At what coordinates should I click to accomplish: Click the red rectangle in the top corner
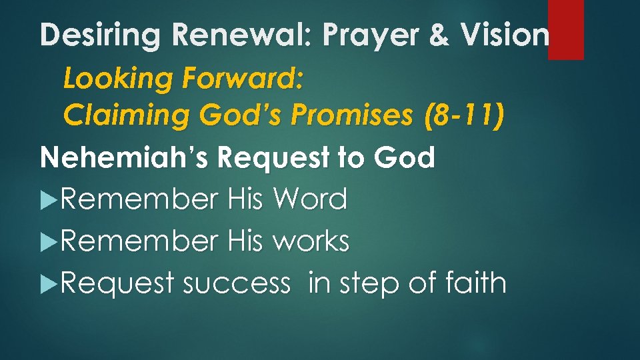tap(565, 29)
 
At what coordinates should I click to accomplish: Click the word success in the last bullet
tap(236, 284)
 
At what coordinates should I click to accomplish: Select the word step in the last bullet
tap(367, 284)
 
